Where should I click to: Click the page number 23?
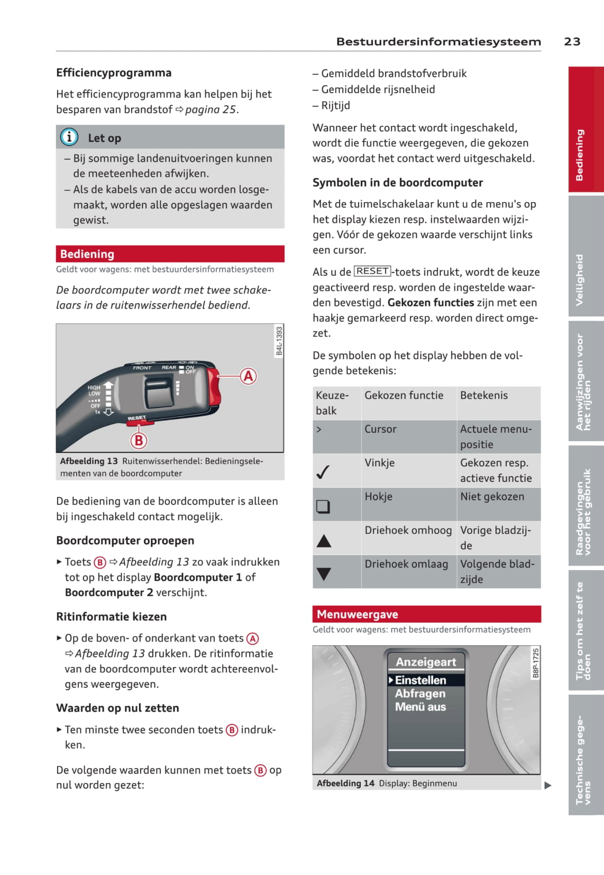click(x=572, y=41)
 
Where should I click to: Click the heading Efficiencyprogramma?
click(x=114, y=73)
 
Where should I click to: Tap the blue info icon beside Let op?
click(x=69, y=137)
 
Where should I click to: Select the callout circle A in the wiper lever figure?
click(x=248, y=376)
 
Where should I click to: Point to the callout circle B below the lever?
click(x=139, y=440)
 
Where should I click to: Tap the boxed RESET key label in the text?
click(x=372, y=271)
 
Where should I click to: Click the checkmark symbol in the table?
click(x=323, y=471)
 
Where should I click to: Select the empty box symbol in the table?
click(x=323, y=506)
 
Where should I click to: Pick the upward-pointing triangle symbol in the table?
click(x=324, y=540)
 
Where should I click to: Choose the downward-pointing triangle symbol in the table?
click(x=324, y=573)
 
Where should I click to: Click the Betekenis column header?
click(x=484, y=395)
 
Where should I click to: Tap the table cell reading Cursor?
click(x=380, y=429)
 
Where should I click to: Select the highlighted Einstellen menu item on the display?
click(x=420, y=680)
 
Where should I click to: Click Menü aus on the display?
click(x=420, y=707)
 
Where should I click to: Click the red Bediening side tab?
click(x=585, y=130)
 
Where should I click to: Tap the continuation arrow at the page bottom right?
click(x=548, y=786)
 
